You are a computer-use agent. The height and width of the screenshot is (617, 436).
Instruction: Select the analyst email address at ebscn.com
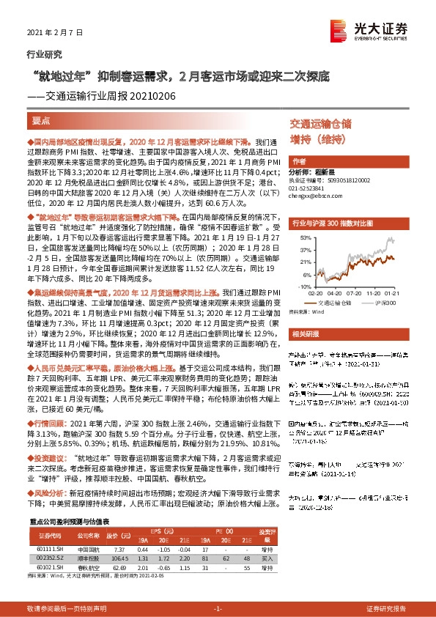[313, 197]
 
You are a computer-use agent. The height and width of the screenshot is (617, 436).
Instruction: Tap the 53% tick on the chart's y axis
[300, 238]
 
